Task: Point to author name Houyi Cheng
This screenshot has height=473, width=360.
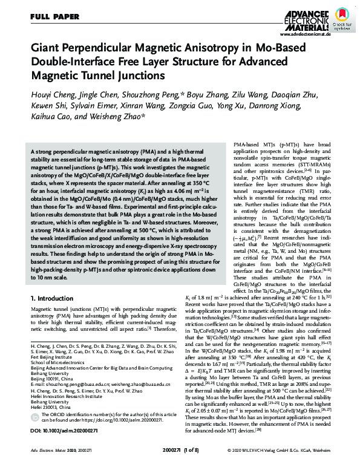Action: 54,96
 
